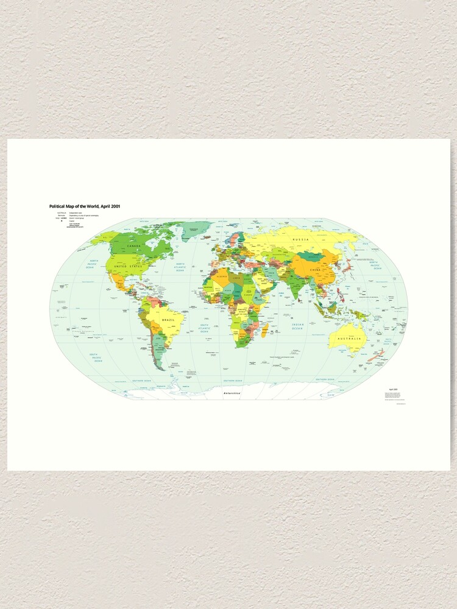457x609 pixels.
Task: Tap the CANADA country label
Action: [133, 246]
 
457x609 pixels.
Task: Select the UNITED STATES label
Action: [127, 266]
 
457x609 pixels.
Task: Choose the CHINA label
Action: [315, 269]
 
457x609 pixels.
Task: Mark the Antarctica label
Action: [232, 394]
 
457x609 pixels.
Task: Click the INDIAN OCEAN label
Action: [297, 326]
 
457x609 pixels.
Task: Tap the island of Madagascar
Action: [265, 331]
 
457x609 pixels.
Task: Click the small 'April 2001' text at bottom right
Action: [391, 389]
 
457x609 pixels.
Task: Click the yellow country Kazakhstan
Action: [281, 253]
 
